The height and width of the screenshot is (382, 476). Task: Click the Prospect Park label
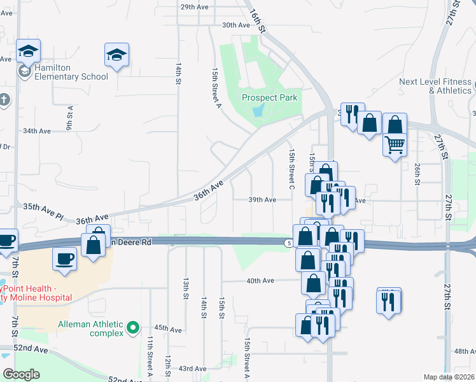point(269,97)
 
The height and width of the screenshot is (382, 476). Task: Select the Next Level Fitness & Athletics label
point(436,86)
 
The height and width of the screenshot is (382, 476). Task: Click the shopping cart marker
point(395,146)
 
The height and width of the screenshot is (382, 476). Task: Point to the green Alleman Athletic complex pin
point(132,328)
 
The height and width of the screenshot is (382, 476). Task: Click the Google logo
point(22,374)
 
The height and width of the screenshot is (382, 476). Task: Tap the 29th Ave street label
point(195,7)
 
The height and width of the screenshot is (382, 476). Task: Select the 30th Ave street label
point(235,25)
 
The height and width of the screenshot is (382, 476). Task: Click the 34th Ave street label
point(36,131)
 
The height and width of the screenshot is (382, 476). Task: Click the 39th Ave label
point(262,199)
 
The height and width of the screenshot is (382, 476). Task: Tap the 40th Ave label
point(260,280)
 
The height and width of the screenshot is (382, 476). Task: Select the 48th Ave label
point(465,351)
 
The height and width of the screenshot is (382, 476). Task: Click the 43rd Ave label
point(192,368)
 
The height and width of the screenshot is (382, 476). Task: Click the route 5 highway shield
point(289,243)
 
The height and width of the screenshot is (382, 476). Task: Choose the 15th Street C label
point(291,169)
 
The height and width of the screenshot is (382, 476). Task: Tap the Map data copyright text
point(449,377)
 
